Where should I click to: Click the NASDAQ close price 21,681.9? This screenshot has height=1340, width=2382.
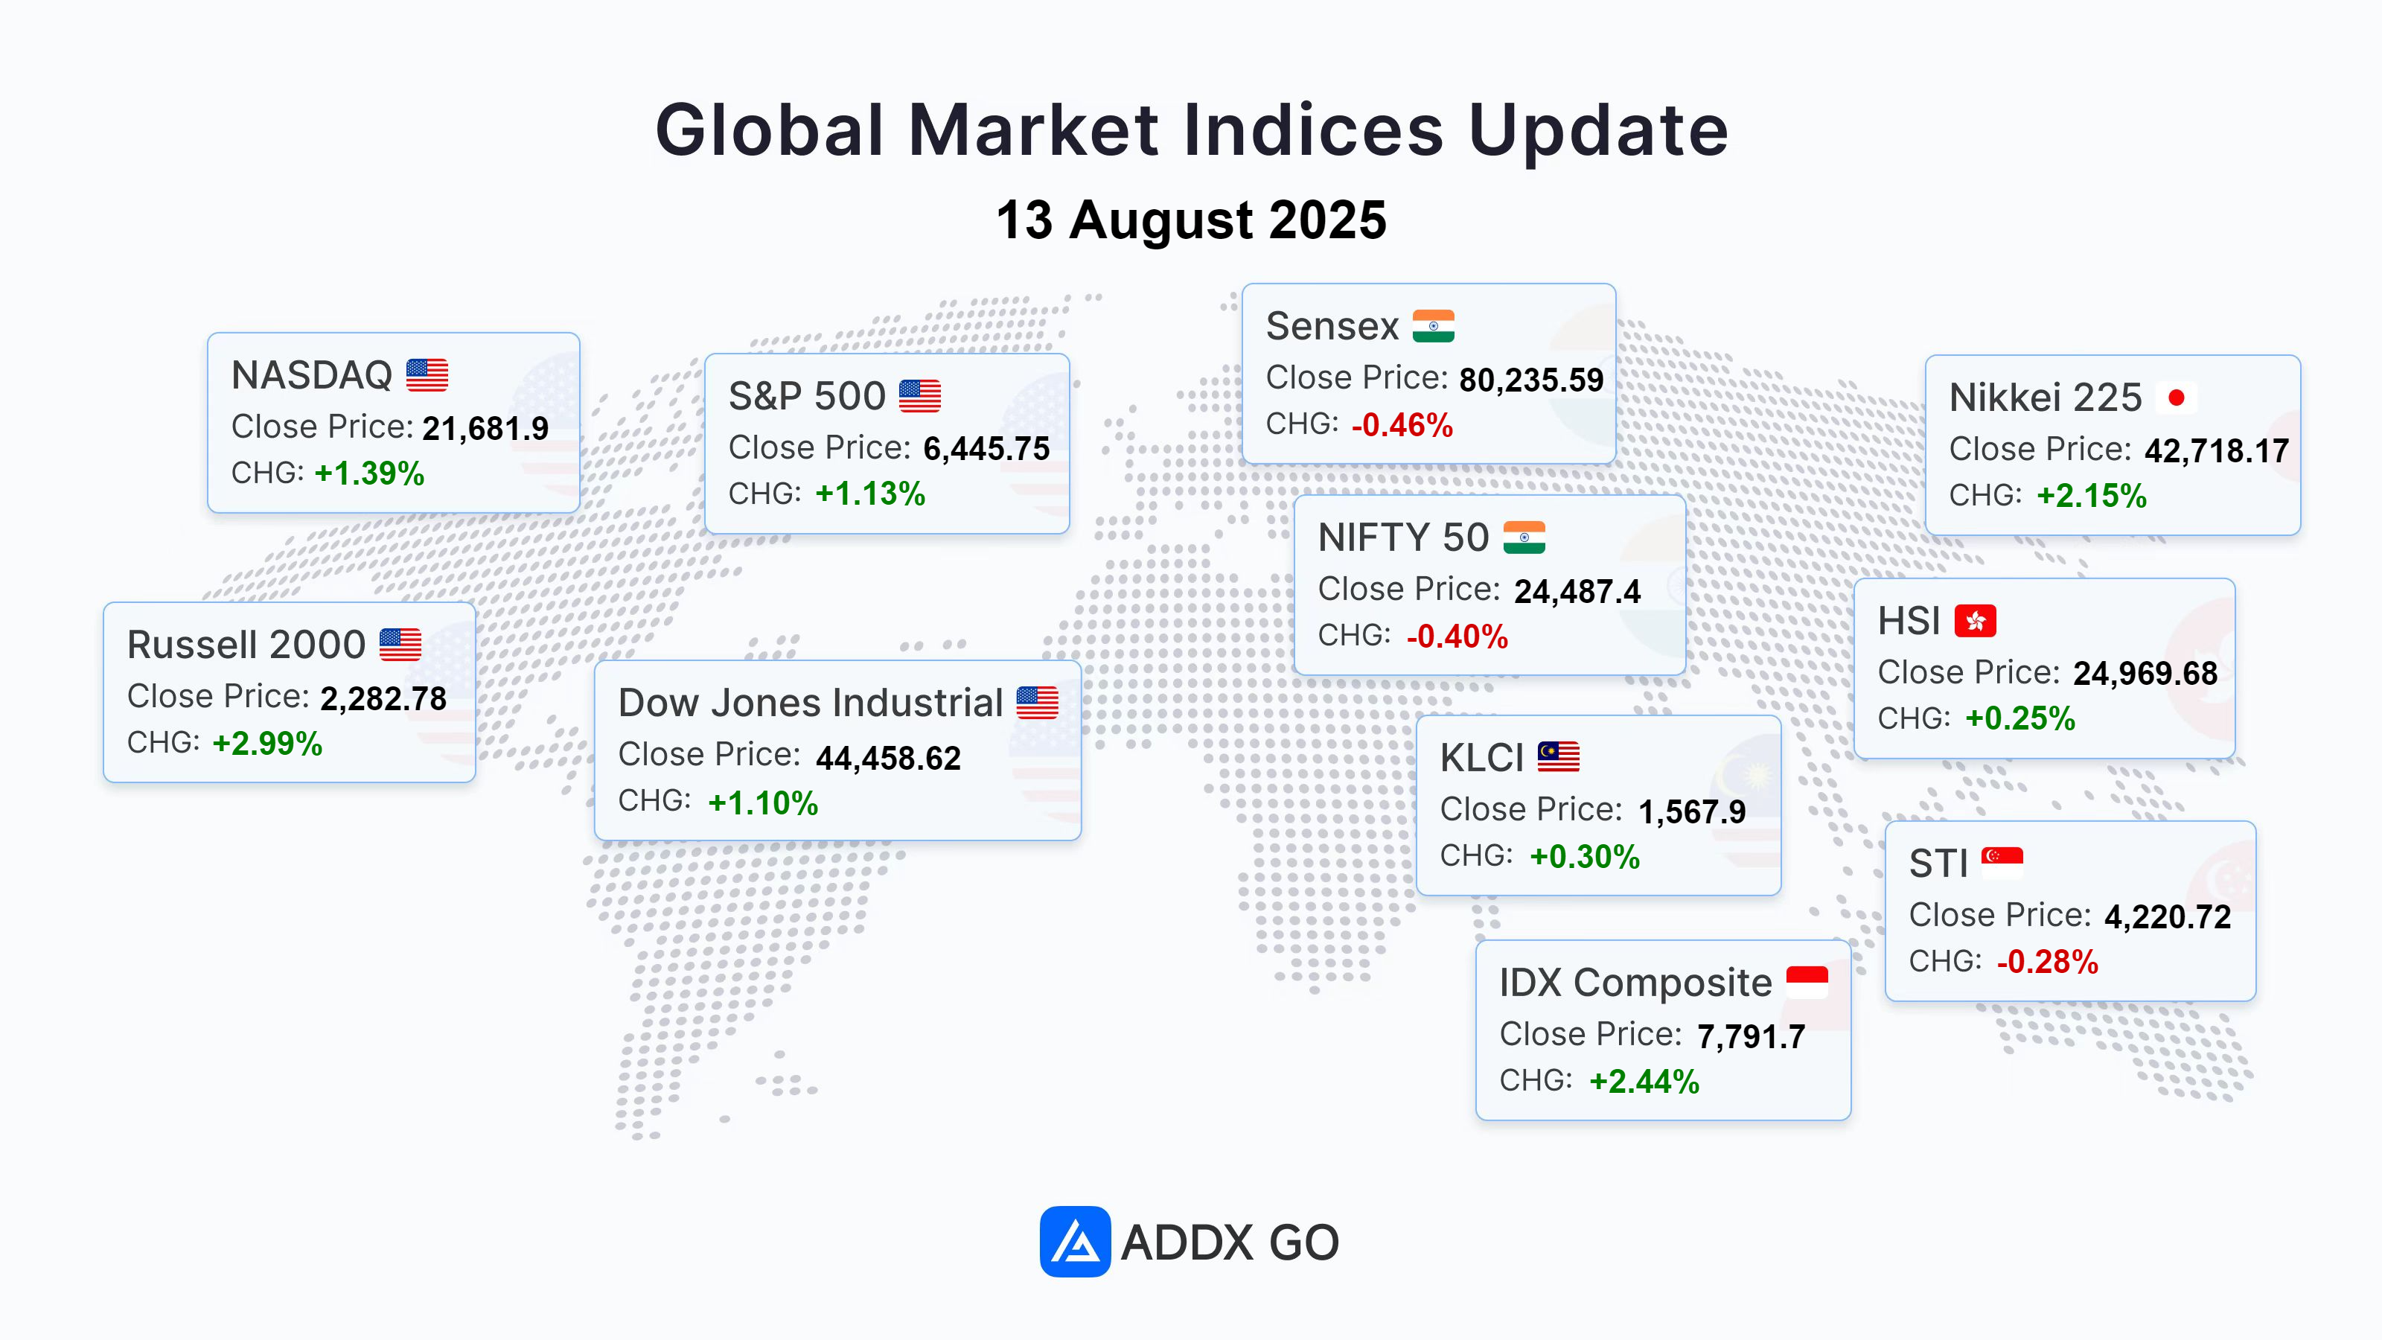point(485,428)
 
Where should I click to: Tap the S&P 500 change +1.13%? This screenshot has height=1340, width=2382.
point(870,494)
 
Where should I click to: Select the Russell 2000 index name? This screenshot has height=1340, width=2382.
point(246,645)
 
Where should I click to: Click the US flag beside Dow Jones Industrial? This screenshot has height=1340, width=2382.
point(1038,703)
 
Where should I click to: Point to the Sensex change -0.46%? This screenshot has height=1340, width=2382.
point(1402,424)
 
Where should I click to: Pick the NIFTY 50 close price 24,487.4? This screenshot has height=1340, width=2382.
point(1577,592)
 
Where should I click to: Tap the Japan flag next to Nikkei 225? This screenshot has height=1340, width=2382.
point(2176,398)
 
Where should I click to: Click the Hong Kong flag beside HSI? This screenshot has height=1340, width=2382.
point(1975,621)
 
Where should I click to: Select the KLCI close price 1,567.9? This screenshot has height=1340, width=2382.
point(1692,812)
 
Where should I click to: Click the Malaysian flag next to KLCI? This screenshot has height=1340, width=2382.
point(1558,756)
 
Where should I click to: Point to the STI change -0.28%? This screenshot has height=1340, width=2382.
point(2047,962)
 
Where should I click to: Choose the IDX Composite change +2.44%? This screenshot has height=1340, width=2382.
point(1644,1081)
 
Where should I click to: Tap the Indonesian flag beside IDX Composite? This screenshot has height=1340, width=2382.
point(1807,981)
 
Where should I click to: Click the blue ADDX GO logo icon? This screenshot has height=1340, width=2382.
point(1074,1241)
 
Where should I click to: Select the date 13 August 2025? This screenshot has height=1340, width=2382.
point(1191,220)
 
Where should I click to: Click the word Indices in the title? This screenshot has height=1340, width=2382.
point(1313,130)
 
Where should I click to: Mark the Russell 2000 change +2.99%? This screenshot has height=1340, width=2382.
point(267,744)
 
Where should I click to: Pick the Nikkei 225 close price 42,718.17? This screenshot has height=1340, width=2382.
point(2217,451)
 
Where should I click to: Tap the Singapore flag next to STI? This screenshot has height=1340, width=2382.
point(2002,862)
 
